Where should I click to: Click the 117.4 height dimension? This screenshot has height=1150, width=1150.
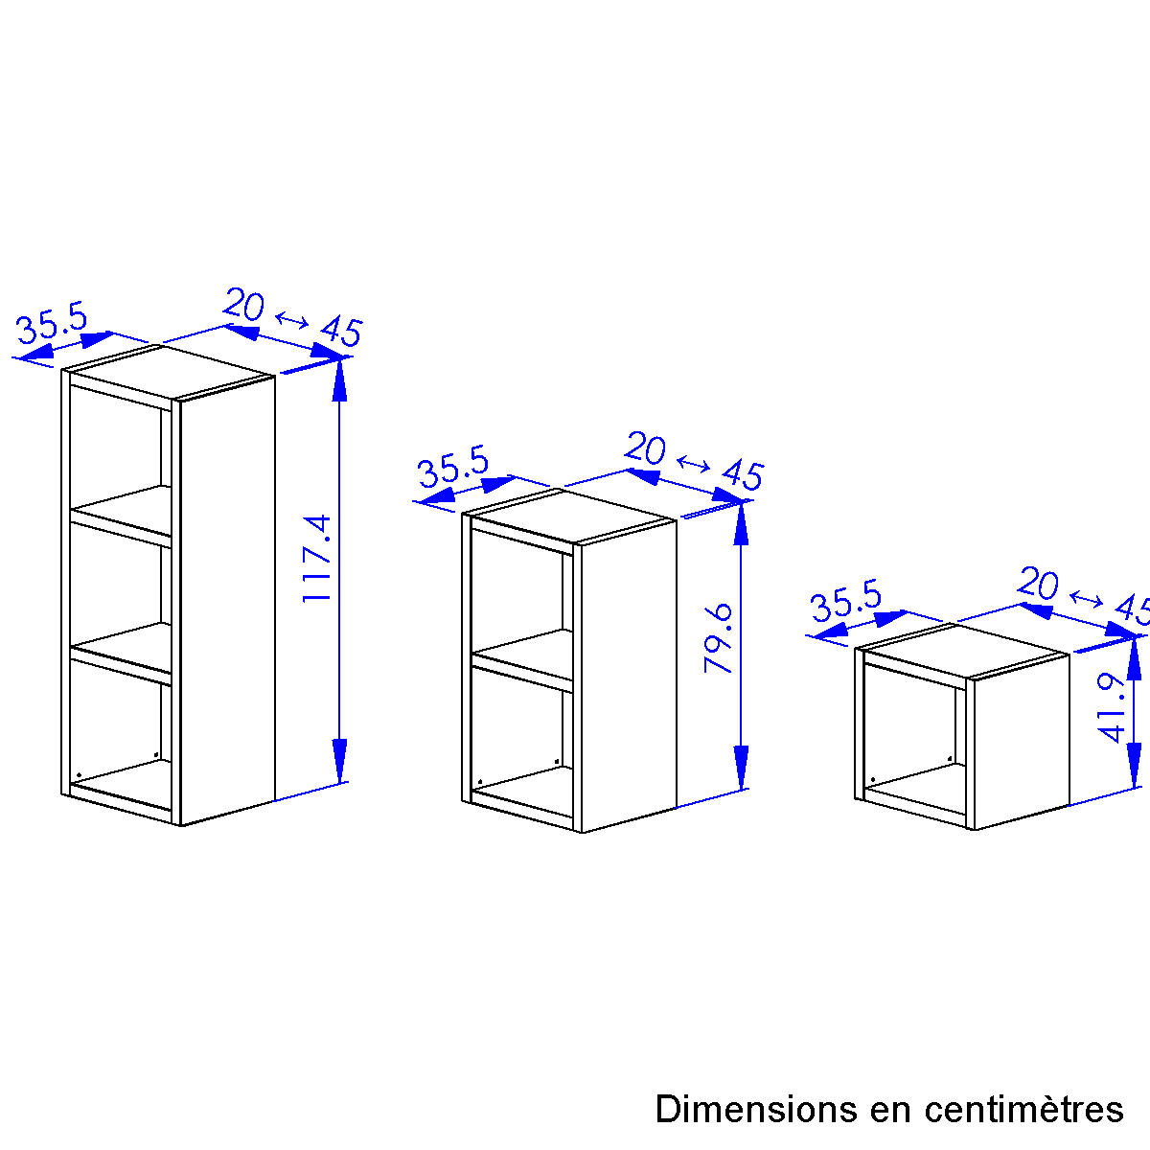[317, 558]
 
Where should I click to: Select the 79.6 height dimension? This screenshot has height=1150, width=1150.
[719, 638]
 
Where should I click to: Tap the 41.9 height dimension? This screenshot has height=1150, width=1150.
[1112, 708]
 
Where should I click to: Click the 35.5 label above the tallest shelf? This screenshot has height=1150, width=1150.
[53, 323]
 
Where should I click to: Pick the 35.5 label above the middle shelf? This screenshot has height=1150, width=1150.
[453, 467]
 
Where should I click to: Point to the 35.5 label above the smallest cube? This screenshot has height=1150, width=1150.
[846, 600]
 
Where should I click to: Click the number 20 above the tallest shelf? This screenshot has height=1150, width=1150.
[243, 304]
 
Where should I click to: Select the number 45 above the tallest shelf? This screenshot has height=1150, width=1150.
[341, 332]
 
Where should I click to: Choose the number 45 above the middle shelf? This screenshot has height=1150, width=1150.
[743, 475]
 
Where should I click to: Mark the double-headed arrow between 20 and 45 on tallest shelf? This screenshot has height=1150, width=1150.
[292, 320]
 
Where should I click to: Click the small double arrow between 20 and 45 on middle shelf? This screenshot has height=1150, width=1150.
[694, 463]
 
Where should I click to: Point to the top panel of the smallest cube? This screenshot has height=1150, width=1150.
[967, 651]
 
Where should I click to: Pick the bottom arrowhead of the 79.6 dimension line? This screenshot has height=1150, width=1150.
[741, 768]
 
